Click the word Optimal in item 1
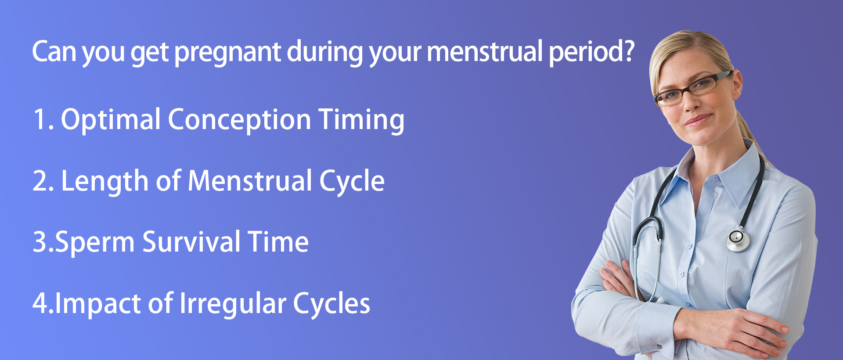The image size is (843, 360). click(111, 120)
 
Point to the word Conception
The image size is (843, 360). click(239, 120)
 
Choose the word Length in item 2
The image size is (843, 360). click(105, 181)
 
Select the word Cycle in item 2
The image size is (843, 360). click(352, 181)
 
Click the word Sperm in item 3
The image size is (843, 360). click(95, 243)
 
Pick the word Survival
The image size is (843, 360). click(191, 242)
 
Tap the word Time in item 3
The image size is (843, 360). click(278, 242)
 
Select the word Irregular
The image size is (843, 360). click(233, 304)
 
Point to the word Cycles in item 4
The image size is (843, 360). click(331, 303)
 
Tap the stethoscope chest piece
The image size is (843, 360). click(738, 240)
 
